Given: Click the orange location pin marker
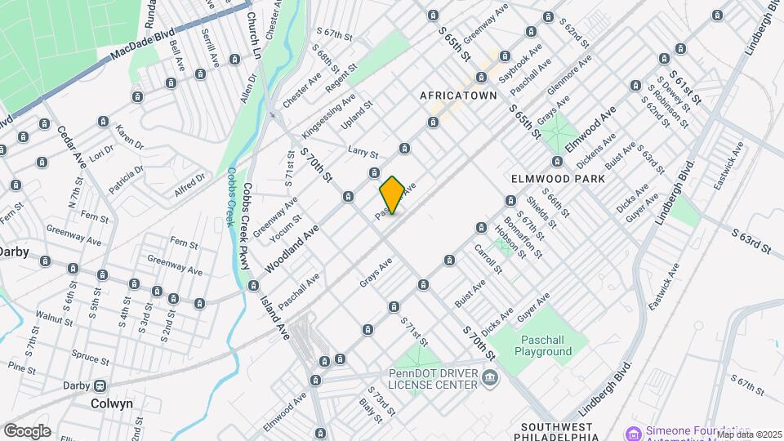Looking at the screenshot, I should tap(392, 194).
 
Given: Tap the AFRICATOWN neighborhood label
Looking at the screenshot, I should tap(458, 96).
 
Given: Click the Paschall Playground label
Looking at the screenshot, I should tap(543, 345).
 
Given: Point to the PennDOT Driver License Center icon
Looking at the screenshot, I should tap(490, 377).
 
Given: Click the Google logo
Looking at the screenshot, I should tap(27, 430).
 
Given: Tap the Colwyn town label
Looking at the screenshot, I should tap(112, 403).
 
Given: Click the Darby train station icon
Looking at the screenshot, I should tap(99, 385).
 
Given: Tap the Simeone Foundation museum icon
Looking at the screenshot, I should tap(631, 431).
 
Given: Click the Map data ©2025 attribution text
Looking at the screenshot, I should tap(750, 434).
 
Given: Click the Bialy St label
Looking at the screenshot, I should tap(370, 413).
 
